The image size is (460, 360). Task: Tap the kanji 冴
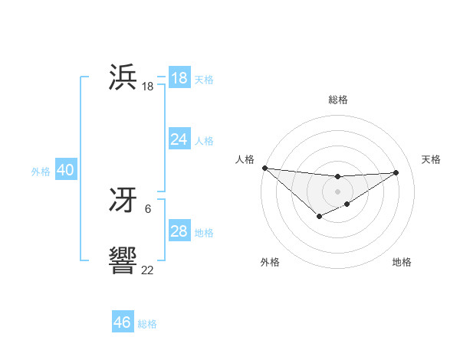(123, 200)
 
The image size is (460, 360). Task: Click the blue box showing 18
(179, 77)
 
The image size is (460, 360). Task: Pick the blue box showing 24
(179, 139)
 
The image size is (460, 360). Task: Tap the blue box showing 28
(179, 231)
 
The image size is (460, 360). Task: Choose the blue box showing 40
(65, 170)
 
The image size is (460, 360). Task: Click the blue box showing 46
(123, 322)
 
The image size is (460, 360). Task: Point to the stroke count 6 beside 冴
(147, 208)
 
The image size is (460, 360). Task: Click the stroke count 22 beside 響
(147, 270)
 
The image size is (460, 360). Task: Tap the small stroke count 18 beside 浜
(147, 87)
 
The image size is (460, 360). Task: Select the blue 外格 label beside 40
(41, 172)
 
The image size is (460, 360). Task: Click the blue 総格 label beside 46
(147, 324)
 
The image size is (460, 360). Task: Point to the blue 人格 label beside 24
(204, 141)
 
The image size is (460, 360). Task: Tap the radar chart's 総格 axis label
(337, 100)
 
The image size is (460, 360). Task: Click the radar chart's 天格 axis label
(431, 159)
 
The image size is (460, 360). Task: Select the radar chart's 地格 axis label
(402, 262)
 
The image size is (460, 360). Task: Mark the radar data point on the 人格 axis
(264, 168)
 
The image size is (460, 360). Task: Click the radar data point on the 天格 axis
(396, 172)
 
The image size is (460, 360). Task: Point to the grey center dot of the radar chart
(337, 191)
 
